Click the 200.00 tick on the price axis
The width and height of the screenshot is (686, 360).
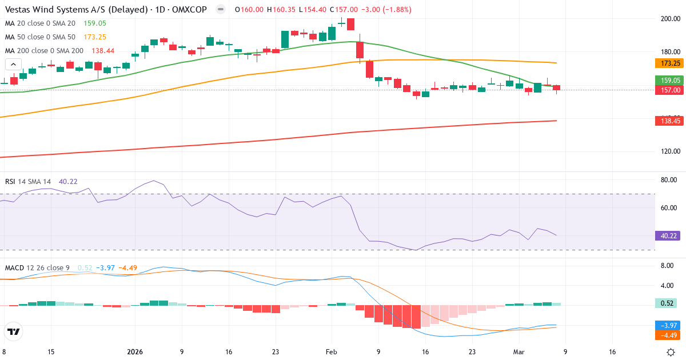point(670,19)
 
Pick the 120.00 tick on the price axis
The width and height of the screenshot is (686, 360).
point(670,151)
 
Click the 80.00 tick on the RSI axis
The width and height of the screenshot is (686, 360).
point(669,180)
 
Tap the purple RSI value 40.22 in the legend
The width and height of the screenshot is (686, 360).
point(68,182)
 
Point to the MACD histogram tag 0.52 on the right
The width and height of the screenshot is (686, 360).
point(667,303)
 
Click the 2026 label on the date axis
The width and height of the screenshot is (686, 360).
point(135,352)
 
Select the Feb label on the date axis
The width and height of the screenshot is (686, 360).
point(332,352)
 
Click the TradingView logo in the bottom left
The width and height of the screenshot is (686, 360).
point(14,331)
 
